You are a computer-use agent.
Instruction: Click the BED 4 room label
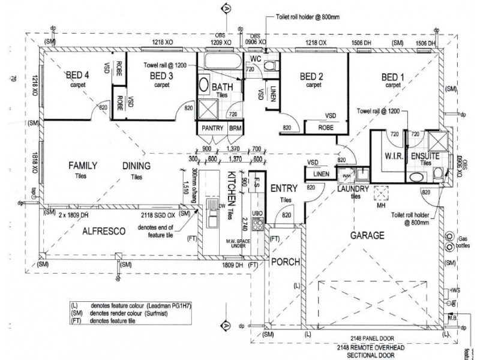pos(77,75)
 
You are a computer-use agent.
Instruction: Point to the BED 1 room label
pos(394,76)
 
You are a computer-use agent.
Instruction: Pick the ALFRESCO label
pos(104,230)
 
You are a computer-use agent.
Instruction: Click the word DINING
pos(137,166)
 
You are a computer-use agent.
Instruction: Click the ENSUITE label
pos(425,156)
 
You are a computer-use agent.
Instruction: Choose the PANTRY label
pos(212,128)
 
